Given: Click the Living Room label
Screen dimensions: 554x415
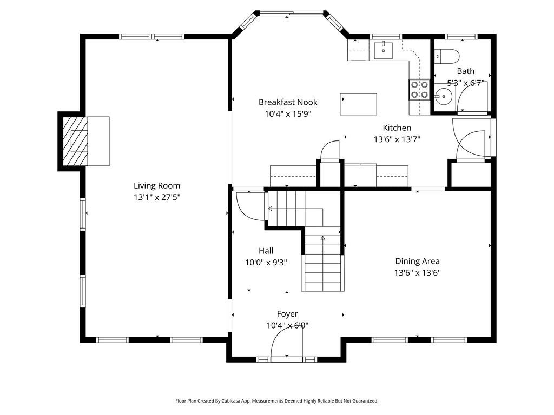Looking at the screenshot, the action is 157,186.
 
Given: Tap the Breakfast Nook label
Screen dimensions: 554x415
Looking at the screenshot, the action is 288,102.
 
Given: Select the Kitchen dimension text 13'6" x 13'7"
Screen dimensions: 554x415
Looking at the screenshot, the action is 397,139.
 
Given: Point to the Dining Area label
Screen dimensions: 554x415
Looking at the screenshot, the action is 417,261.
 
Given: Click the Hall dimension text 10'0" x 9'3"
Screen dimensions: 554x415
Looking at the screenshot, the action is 266,263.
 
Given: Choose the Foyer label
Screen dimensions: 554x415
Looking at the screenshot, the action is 287,314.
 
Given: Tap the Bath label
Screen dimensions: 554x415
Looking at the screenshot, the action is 466,71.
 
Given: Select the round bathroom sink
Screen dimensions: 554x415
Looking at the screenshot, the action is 443,96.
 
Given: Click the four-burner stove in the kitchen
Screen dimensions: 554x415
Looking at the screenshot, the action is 419,90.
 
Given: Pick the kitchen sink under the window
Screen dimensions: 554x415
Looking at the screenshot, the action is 384,50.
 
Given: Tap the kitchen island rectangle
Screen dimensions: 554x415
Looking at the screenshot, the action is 358,104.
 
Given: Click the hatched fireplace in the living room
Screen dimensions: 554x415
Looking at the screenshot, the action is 75,141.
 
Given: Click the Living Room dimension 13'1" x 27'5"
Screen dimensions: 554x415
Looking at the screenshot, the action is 157,197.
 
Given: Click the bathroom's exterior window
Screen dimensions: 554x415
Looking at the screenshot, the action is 461,36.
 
